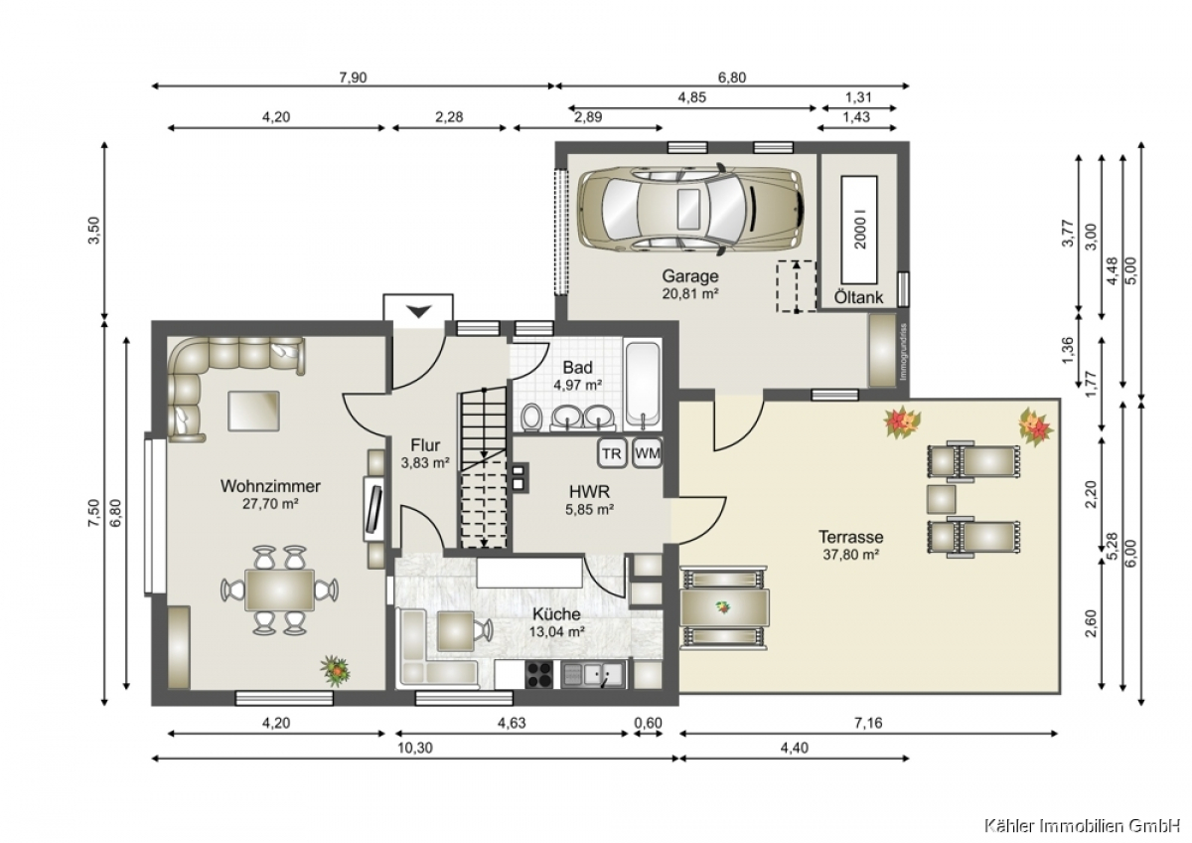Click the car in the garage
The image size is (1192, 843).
pyautogui.click(x=691, y=209)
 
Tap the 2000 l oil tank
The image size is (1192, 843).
pyautogui.click(x=859, y=230)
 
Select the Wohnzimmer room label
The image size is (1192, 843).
pyautogui.click(x=270, y=486)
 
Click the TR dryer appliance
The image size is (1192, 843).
pyautogui.click(x=612, y=453)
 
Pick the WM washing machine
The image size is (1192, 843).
pyautogui.click(x=648, y=453)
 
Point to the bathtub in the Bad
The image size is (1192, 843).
pyautogui.click(x=644, y=386)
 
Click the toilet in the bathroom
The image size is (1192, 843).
pyautogui.click(x=530, y=417)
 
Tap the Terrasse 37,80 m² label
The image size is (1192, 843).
pyautogui.click(x=851, y=546)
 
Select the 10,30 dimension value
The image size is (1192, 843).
pyautogui.click(x=415, y=748)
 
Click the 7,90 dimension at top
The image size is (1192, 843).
pyautogui.click(x=353, y=78)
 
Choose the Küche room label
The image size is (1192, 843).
pyautogui.click(x=556, y=614)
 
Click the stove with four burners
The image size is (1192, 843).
pyautogui.click(x=539, y=675)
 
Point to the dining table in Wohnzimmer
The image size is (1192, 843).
pyautogui.click(x=279, y=590)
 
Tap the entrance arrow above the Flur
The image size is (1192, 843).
pyautogui.click(x=419, y=311)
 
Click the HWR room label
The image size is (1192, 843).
pyautogui.click(x=590, y=491)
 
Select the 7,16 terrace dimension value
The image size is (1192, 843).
pyautogui.click(x=868, y=723)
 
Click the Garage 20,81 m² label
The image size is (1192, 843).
pyautogui.click(x=690, y=284)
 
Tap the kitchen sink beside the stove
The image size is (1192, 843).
pyautogui.click(x=594, y=676)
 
